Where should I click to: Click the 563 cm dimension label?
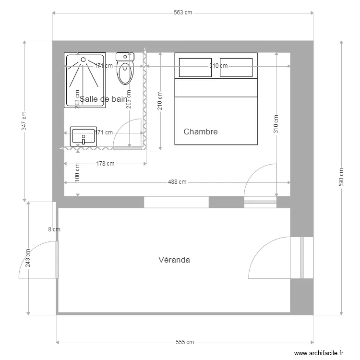point(183,13)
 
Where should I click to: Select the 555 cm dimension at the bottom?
point(185,342)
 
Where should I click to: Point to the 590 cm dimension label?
point(341,178)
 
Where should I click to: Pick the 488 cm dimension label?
point(177,182)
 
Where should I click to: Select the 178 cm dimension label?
point(105,164)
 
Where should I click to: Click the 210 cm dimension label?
point(160,101)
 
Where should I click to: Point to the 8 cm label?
point(55,229)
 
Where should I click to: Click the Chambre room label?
point(201,132)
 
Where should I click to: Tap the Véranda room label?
point(174,260)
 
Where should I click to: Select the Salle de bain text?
point(103,99)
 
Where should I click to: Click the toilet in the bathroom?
point(125,70)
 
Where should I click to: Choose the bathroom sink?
point(84,136)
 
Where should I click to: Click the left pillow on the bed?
point(195,67)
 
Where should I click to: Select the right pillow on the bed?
point(236,67)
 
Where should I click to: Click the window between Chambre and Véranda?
point(176,202)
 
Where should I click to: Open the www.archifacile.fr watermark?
point(319,353)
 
